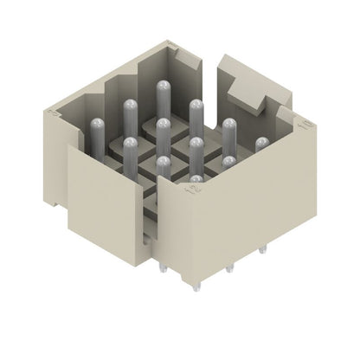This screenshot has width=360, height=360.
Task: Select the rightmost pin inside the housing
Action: (261, 147)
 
